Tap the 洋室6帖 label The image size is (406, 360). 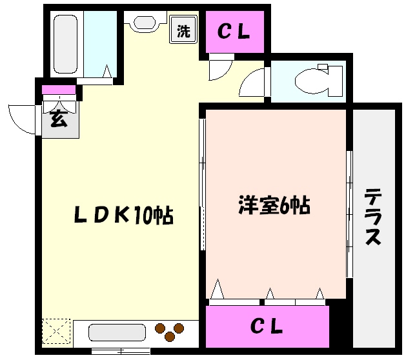274,206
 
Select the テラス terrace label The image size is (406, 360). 373,216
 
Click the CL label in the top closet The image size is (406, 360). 234,32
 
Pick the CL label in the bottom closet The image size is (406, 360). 267,327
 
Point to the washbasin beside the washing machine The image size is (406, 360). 143,23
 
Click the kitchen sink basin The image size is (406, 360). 112,333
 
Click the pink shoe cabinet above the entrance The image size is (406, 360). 59,90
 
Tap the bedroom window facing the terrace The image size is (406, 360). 349,213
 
